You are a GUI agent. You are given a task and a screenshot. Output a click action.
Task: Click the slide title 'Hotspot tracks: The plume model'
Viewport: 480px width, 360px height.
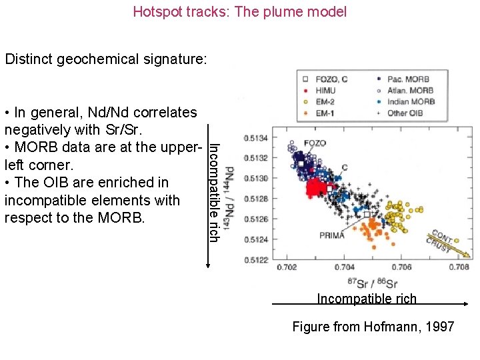[x=240, y=11]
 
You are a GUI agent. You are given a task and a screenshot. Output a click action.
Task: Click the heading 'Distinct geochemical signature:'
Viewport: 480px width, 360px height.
[x=106, y=59]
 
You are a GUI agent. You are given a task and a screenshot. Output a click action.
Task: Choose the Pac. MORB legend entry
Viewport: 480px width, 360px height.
[x=409, y=79]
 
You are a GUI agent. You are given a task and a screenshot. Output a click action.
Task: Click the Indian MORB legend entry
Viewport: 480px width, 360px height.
[x=412, y=101]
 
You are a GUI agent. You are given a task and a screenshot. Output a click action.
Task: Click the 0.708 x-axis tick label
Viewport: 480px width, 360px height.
[x=458, y=268]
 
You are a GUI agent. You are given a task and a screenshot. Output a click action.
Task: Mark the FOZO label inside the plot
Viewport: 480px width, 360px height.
[x=314, y=143]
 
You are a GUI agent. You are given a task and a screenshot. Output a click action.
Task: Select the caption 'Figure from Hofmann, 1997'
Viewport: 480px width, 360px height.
[x=373, y=327]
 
